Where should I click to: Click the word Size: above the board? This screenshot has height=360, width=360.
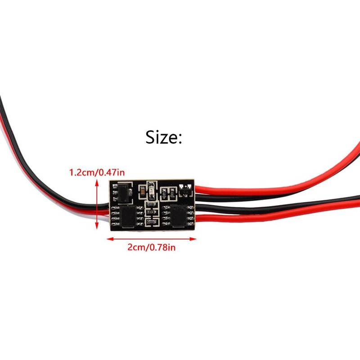pyautogui.click(x=164, y=137)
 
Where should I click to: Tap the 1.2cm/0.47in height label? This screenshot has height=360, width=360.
pyautogui.click(x=97, y=172)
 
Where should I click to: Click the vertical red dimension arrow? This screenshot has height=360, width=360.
pyautogui.click(x=97, y=204)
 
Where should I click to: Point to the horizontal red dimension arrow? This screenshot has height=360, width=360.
pyautogui.click(x=152, y=239)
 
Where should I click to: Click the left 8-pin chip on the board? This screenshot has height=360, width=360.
pyautogui.click(x=128, y=216)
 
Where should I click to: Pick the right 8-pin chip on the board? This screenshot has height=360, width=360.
pyautogui.click(x=178, y=216)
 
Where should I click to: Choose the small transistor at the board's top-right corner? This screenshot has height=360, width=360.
pyautogui.click(x=186, y=190)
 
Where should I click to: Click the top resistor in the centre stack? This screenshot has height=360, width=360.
pyautogui.click(x=151, y=204)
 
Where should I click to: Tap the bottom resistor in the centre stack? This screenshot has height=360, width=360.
pyautogui.click(x=151, y=222)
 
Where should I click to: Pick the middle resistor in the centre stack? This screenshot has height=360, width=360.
pyautogui.click(x=151, y=212)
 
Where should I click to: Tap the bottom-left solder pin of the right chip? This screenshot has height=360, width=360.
pyautogui.click(x=165, y=224)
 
